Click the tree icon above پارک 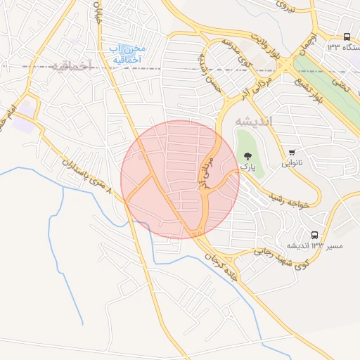246,155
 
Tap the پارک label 246,167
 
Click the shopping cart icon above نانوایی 292,152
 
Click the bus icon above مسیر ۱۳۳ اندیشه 314,235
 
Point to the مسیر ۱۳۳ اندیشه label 305,245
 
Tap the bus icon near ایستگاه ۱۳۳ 347,37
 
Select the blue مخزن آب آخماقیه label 127,54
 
